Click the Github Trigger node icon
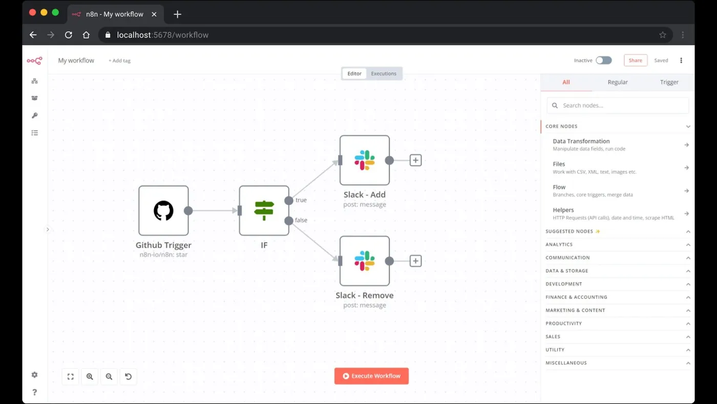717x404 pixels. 163,211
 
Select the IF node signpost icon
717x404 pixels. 264,211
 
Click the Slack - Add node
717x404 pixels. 365,160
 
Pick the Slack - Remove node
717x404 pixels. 365,261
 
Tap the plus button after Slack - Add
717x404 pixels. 415,160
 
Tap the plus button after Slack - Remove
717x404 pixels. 415,261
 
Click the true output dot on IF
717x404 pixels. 289,200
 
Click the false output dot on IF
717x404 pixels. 289,221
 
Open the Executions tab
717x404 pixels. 384,73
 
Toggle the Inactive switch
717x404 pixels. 604,60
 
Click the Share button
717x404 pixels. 636,60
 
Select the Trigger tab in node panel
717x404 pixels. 669,82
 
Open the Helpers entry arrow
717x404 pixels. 687,213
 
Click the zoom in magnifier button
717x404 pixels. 90,376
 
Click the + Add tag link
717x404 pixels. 119,60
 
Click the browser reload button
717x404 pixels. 69,35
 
